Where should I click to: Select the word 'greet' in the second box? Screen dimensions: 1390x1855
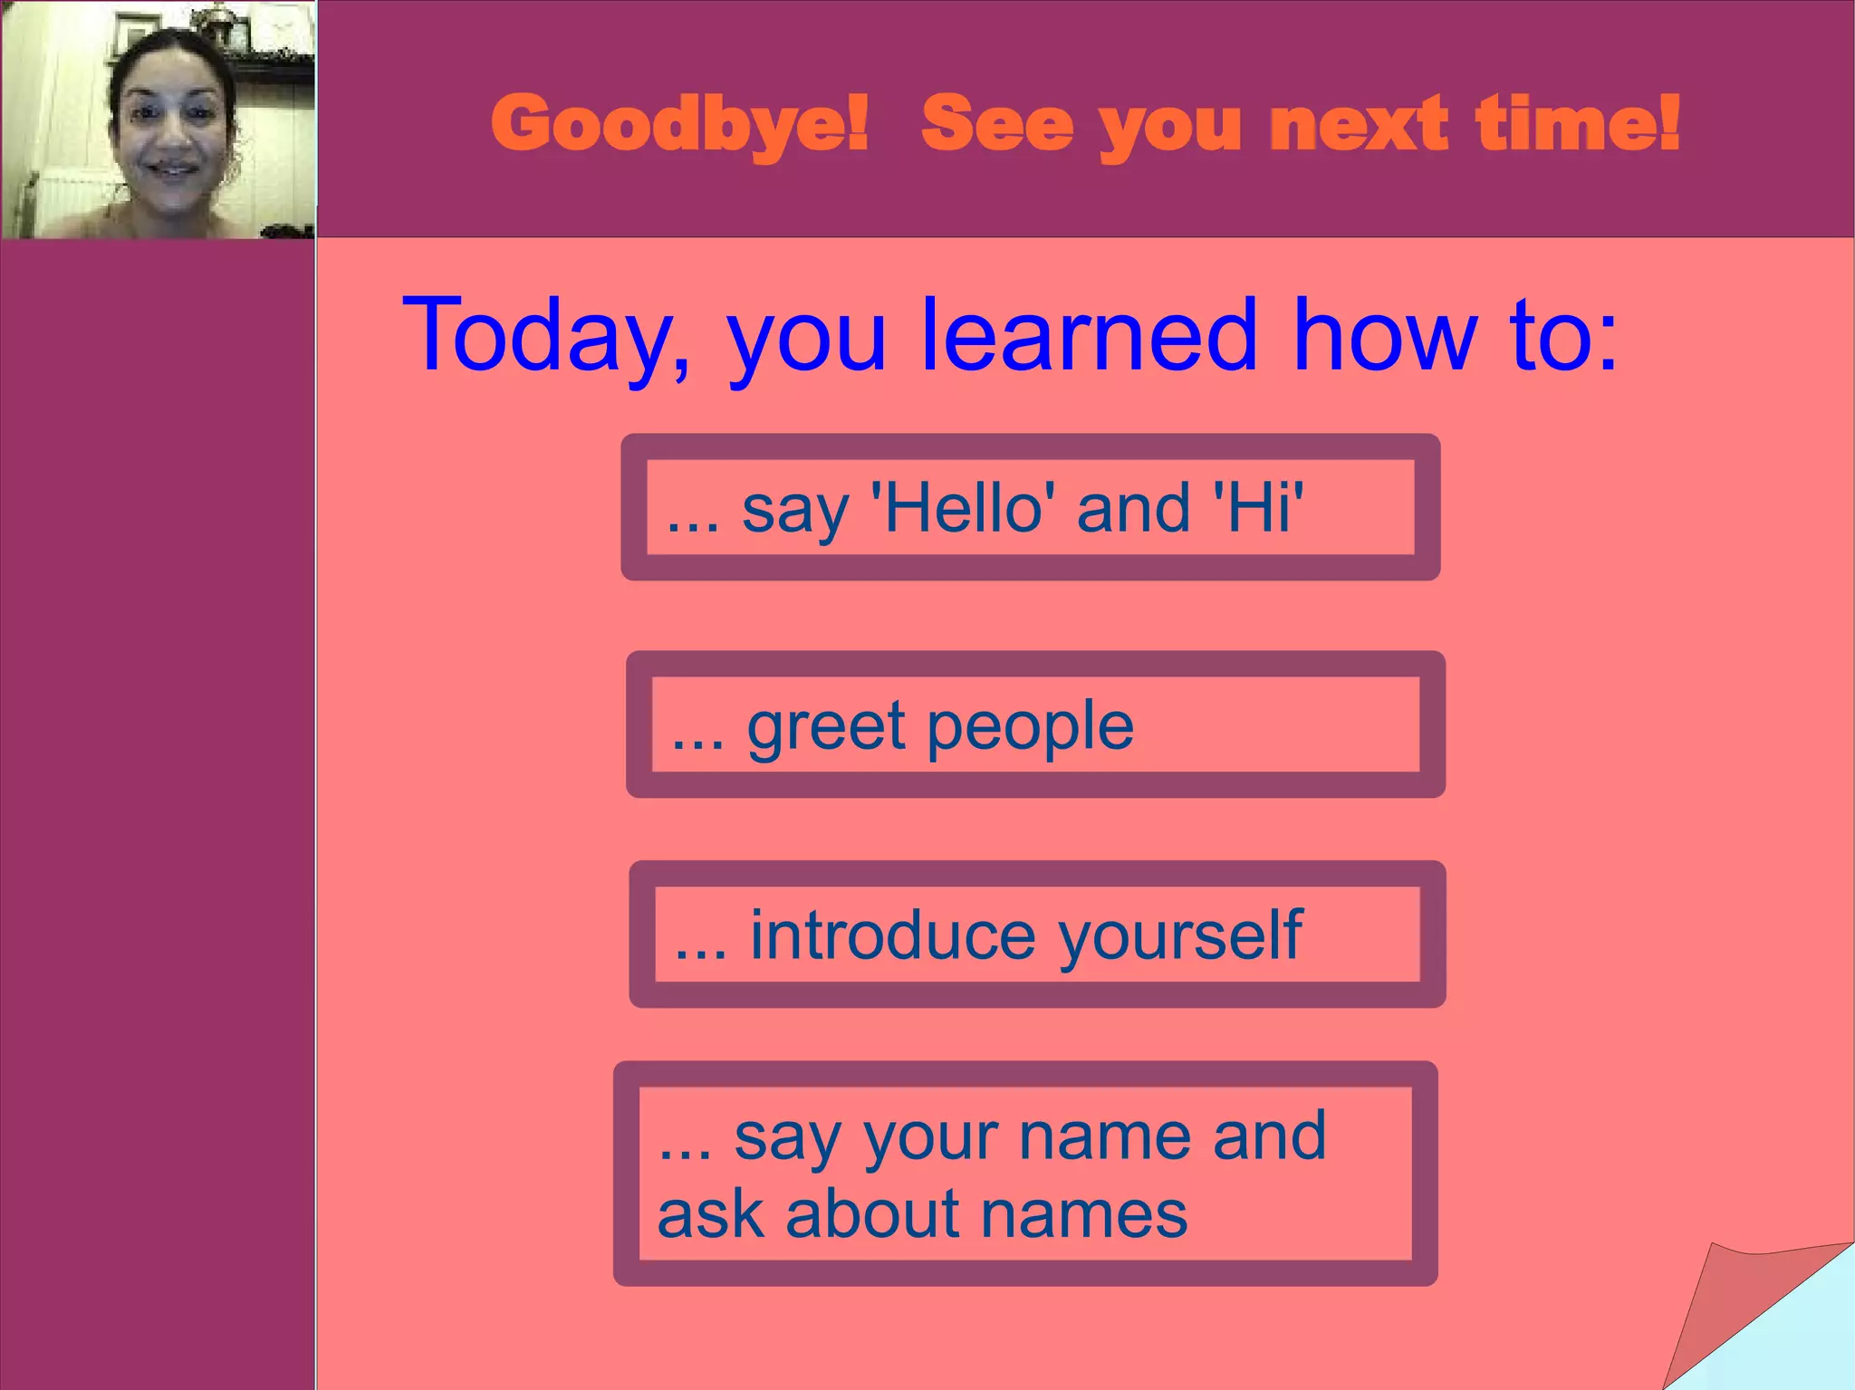pyautogui.click(x=825, y=726)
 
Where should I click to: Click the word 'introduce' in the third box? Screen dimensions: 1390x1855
pyautogui.click(x=892, y=935)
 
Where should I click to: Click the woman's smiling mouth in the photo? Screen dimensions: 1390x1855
pyautogui.click(x=172, y=169)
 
